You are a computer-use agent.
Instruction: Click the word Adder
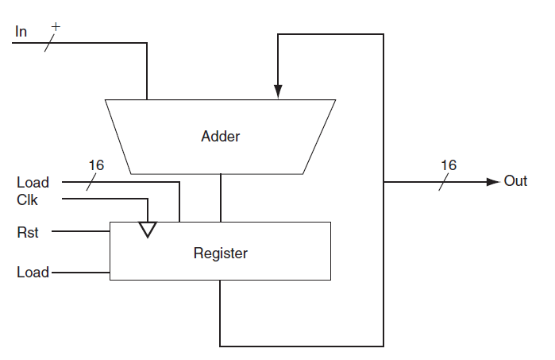pos(220,136)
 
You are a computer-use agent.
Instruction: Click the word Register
pos(220,254)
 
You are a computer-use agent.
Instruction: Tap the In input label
pos(21,32)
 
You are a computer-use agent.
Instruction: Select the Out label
pos(515,181)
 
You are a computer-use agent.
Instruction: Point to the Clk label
pos(27,200)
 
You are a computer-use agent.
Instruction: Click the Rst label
pos(27,233)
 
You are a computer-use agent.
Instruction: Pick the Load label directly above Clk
pos(33,183)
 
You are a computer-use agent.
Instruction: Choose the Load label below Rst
pos(33,273)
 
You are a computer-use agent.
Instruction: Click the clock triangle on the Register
pos(147,230)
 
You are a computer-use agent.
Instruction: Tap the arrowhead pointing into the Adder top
pos(277,91)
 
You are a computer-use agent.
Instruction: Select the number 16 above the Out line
pos(449,165)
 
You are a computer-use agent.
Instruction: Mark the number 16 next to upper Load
pos(96,165)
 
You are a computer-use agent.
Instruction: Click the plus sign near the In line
pos(56,27)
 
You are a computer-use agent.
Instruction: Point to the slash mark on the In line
pos(49,43)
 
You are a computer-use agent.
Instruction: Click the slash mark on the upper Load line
pos(91,182)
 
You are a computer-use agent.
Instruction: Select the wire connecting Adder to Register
pos(220,198)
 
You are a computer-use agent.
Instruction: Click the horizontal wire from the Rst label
pos(79,233)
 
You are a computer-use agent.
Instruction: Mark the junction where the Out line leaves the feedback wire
pos(384,181)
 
